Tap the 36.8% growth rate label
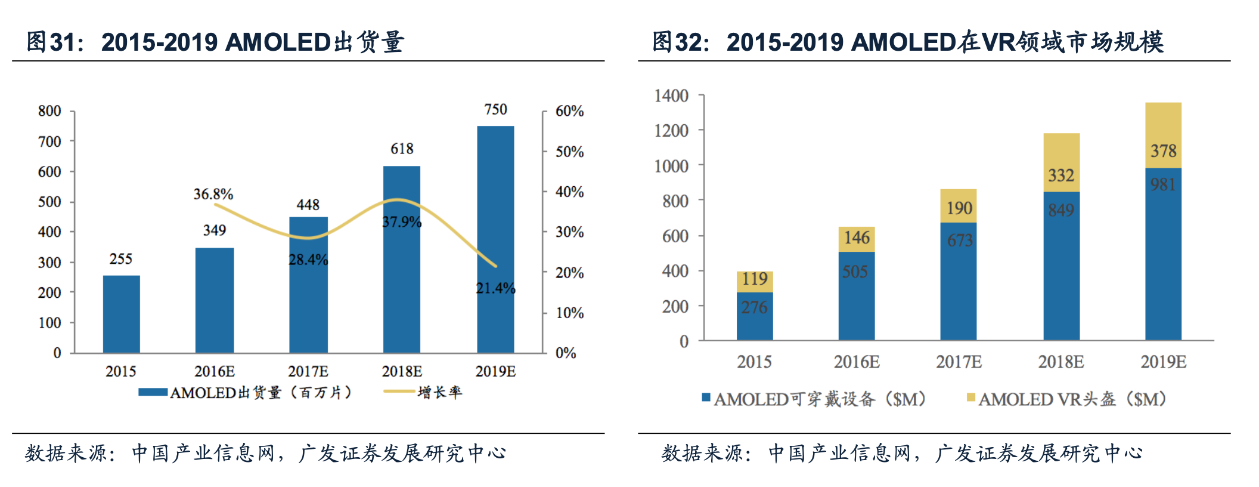click(x=213, y=194)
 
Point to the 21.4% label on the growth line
click(x=495, y=288)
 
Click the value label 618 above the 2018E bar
click(x=402, y=149)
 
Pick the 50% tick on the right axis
click(x=569, y=152)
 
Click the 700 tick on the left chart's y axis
click(x=49, y=141)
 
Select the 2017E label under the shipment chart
click(x=308, y=371)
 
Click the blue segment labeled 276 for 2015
click(x=755, y=316)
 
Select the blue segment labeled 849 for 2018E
click(x=1061, y=266)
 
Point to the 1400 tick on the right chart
click(x=671, y=95)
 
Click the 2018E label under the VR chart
click(x=1061, y=362)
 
